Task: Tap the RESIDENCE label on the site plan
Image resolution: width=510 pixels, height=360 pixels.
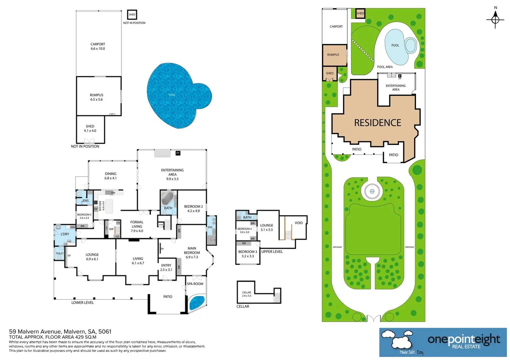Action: point(377,123)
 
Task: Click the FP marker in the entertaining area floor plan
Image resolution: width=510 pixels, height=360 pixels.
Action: point(178,153)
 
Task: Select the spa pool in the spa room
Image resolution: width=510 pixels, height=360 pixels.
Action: point(196,302)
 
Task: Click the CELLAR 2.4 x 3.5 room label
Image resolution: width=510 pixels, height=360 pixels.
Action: point(246,294)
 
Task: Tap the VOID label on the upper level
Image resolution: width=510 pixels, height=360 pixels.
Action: point(299,223)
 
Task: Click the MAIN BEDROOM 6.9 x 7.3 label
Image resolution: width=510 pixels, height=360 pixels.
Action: point(192,253)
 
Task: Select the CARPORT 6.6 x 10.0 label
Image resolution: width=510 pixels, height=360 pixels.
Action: point(98,46)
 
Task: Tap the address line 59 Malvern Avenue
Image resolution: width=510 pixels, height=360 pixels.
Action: point(60,331)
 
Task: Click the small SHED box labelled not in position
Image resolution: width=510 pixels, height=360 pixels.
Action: point(132,15)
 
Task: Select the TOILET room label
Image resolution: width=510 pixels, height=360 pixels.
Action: point(59,253)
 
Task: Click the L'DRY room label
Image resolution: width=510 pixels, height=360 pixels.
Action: point(65,234)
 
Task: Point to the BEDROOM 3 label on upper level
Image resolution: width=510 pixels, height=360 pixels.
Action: point(247,254)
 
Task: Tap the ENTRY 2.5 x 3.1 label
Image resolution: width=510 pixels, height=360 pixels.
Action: point(166,268)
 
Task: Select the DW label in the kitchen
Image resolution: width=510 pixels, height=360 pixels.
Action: point(113,193)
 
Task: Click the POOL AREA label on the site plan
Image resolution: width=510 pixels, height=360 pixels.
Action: point(385,67)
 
